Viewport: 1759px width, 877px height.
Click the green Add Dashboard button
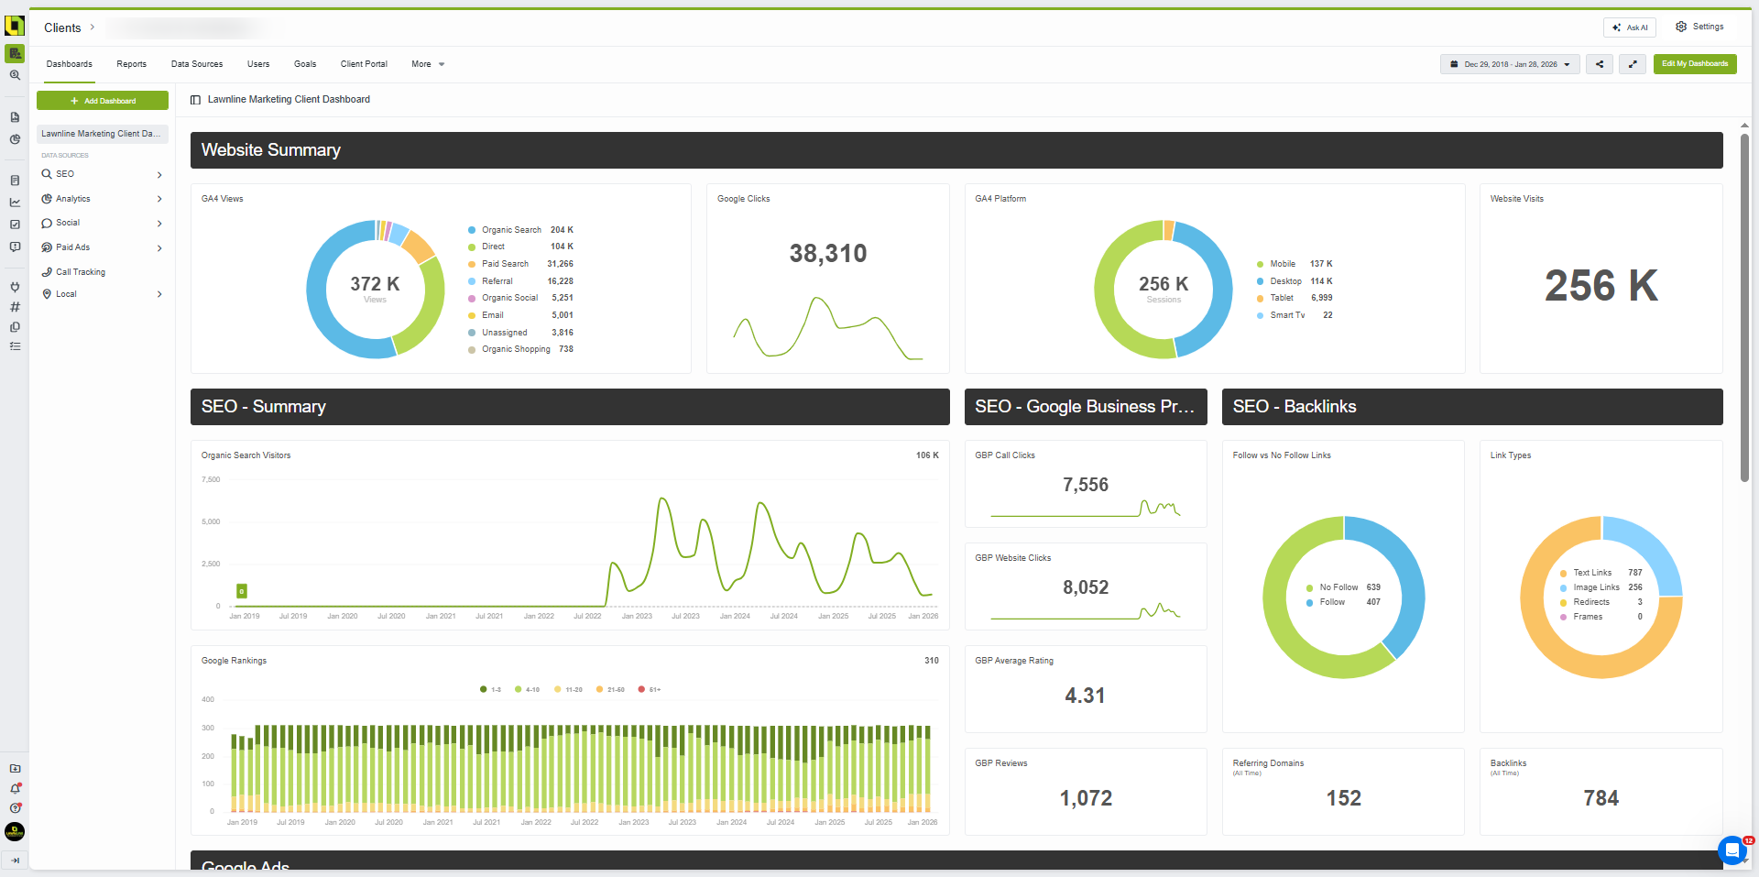coord(103,101)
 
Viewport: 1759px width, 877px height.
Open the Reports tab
coord(131,64)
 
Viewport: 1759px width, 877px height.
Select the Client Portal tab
coord(364,64)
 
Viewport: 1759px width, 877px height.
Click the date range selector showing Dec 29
coord(1510,64)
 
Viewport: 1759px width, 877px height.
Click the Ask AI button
coord(1630,27)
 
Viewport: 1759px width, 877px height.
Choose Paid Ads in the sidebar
coord(72,247)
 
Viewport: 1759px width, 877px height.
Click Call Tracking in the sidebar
coord(80,272)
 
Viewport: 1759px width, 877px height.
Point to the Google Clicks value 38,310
coord(827,254)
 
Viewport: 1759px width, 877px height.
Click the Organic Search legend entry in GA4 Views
coord(511,230)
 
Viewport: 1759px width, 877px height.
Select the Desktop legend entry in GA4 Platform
coord(1285,281)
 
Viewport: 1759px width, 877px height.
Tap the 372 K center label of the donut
coord(375,285)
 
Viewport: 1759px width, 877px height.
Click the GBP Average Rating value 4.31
coord(1085,696)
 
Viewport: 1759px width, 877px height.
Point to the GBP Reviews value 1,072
coord(1086,798)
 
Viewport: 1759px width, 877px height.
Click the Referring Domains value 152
coord(1343,798)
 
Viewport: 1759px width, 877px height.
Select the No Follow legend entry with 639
coord(1338,587)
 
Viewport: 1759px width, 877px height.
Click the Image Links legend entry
coord(1596,587)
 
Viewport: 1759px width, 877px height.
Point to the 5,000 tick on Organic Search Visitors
coord(211,521)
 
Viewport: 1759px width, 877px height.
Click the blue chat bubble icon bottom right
coord(1731,850)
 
